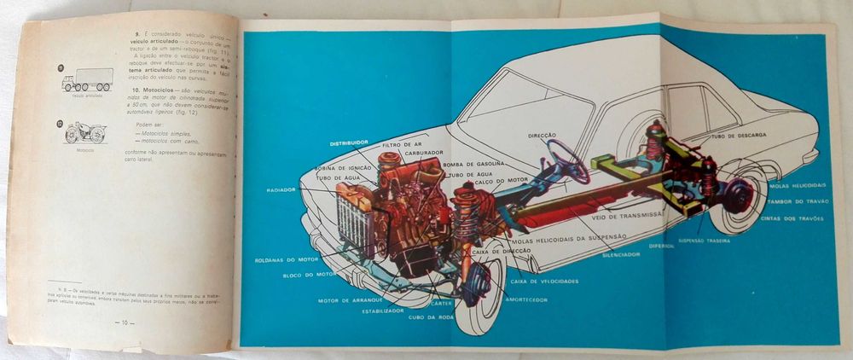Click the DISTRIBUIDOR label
(x=349, y=142)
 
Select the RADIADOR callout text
(x=281, y=189)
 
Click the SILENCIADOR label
(x=621, y=254)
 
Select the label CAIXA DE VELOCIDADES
(x=544, y=281)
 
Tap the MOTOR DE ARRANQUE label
(x=346, y=300)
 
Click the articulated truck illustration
(x=87, y=79)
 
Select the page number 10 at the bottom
(x=124, y=322)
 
